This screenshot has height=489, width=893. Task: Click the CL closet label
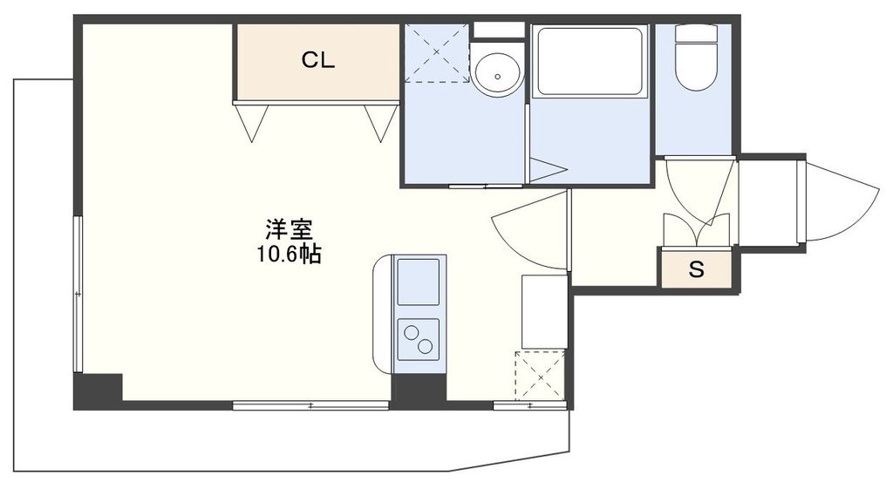coord(318,60)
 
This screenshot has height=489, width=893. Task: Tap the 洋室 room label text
coord(290,230)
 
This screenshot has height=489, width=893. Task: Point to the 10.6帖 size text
coord(290,254)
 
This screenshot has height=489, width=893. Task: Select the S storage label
coord(696,269)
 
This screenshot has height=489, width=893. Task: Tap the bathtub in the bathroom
coord(590,61)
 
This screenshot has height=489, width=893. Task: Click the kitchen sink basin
coord(419,282)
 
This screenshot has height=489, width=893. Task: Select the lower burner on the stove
coord(425,346)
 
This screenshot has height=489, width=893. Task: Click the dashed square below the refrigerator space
coord(541,377)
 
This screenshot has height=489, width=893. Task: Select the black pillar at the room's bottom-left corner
coord(98,391)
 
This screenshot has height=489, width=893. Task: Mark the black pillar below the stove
coord(419,389)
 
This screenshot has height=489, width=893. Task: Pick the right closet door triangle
coord(379,120)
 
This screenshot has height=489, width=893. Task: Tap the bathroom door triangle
coord(546,169)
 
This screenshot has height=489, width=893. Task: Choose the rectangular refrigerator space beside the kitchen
coord(543,311)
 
